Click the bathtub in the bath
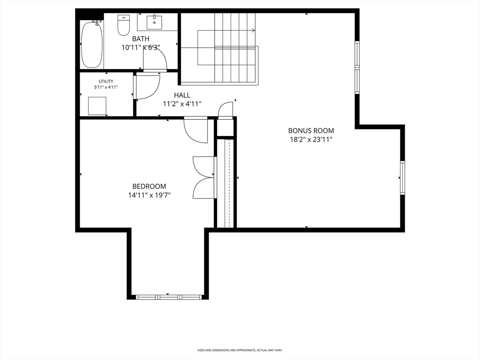click(92, 45)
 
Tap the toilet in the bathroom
click(124, 25)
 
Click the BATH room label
click(141, 38)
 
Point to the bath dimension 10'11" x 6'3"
click(141, 47)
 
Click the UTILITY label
click(106, 81)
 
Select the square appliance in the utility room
click(97, 105)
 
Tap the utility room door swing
click(147, 88)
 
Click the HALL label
click(182, 95)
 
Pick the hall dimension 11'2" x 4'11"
click(182, 104)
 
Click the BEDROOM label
click(149, 186)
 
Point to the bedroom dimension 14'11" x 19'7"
click(149, 195)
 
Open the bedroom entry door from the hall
click(196, 131)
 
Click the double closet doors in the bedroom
click(205, 178)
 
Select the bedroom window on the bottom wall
click(168, 297)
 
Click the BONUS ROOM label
click(311, 131)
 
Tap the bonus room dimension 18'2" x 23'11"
click(311, 139)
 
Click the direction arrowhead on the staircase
click(253, 30)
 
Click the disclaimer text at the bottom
click(240, 350)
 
